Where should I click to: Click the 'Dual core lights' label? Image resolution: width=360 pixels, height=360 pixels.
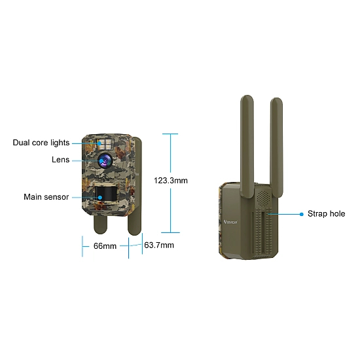tap(41, 143)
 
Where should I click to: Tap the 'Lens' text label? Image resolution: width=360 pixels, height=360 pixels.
tap(60, 160)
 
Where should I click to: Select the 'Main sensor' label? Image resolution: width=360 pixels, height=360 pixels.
tap(46, 197)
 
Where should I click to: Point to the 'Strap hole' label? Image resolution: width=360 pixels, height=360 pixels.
tap(326, 214)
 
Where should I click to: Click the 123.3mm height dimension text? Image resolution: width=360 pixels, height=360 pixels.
tap(171, 181)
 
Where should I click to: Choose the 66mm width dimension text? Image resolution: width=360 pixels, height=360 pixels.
tap(105, 246)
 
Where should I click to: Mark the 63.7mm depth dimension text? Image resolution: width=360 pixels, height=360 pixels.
tap(159, 245)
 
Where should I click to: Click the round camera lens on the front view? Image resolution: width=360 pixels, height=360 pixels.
tap(105, 160)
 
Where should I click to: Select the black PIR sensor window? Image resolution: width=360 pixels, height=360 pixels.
tap(106, 193)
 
